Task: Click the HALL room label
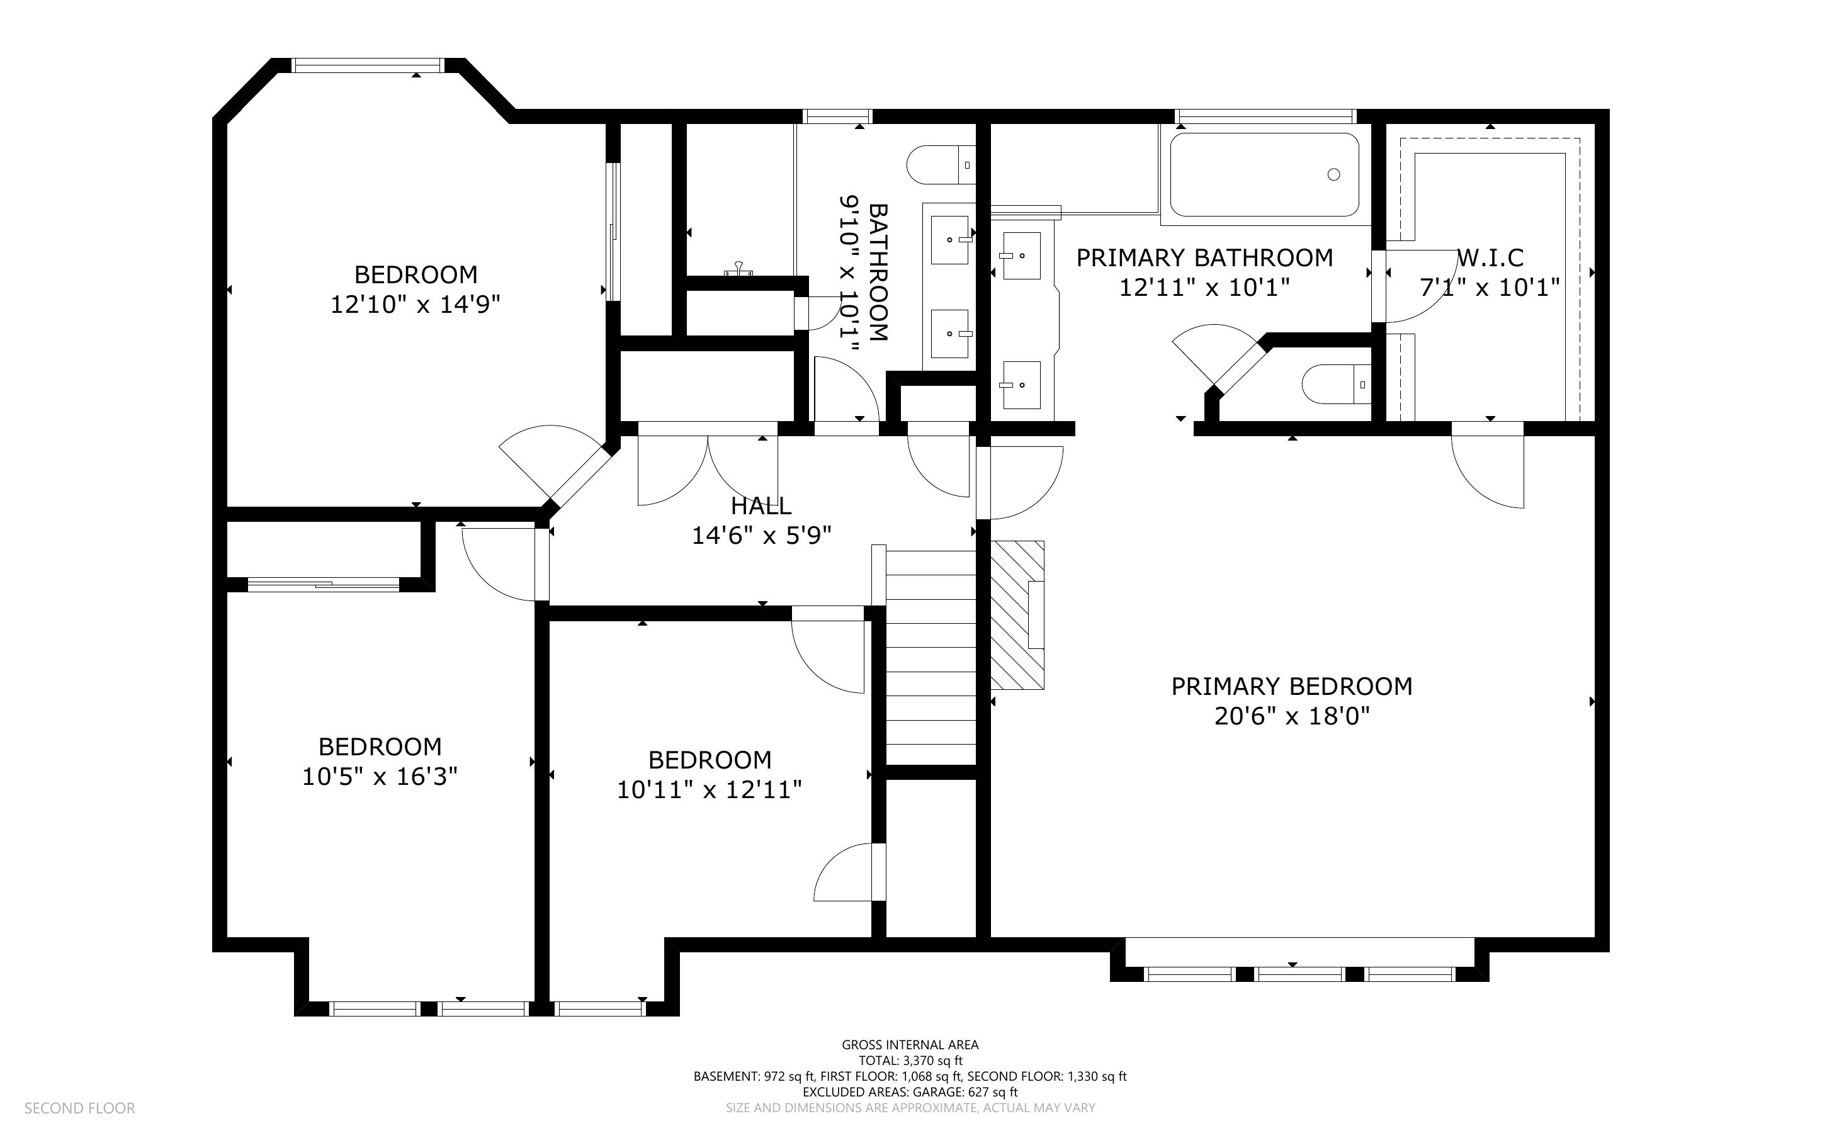tap(761, 505)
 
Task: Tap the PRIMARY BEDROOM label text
tap(1291, 687)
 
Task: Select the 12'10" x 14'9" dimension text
tap(416, 305)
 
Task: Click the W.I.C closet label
tap(1490, 258)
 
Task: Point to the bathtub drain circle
tap(1333, 174)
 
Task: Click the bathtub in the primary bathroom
tap(1264, 174)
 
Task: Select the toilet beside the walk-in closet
tap(1337, 385)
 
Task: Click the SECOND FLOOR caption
tap(80, 1108)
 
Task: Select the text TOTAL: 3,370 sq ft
tap(910, 1061)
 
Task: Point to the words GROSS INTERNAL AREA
tap(910, 1045)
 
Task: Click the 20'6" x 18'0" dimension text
tap(1291, 716)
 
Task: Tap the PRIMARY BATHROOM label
tap(1204, 258)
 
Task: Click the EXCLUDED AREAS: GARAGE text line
tap(910, 1092)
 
